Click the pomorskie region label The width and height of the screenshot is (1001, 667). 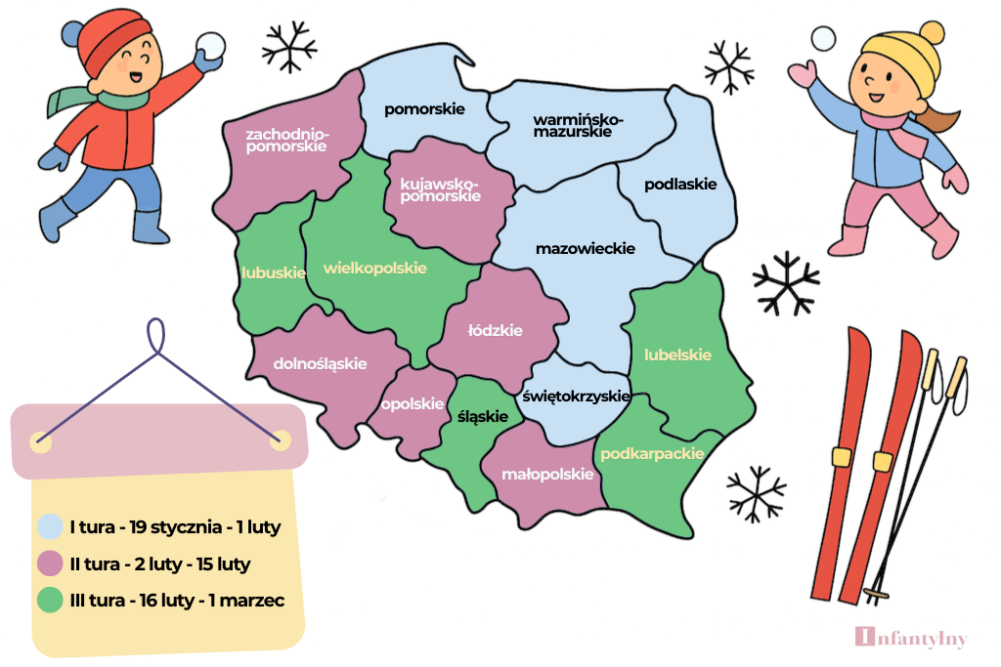coord(423,109)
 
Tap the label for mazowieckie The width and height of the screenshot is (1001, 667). coord(585,249)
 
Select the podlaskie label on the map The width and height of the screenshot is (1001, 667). coord(680,184)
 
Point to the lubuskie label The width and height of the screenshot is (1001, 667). coord(274,273)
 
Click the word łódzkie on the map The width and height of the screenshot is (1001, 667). coord(495,330)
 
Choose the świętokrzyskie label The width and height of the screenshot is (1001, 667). coord(576,396)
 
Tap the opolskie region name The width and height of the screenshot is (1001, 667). coord(413,404)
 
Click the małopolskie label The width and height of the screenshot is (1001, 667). coord(547,475)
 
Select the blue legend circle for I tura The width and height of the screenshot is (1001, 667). coord(50,527)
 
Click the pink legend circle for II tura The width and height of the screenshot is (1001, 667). coord(50,564)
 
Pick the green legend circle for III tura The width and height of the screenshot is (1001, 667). coord(50,601)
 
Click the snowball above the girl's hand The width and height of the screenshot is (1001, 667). coord(825,39)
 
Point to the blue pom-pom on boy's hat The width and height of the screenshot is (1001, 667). coord(73,34)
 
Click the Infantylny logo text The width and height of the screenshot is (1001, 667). coord(911,639)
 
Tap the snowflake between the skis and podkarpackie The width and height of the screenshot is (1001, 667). coord(756,492)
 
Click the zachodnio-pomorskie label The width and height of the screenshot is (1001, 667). coord(287,140)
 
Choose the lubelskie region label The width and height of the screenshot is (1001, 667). coord(677,355)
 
